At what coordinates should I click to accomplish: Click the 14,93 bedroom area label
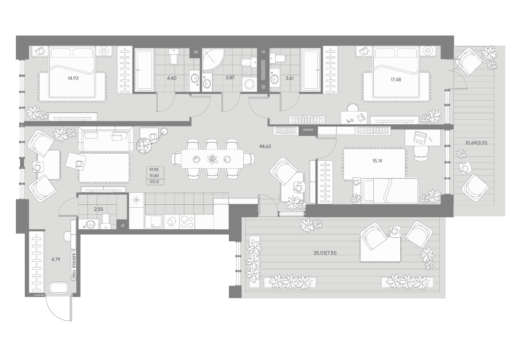point(73,78)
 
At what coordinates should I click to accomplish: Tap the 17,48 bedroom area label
point(396,80)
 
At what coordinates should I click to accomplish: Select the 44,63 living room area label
point(265,146)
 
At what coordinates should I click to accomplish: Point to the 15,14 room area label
point(377,161)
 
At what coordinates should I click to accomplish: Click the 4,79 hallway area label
point(56,259)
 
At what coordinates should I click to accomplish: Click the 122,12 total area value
point(154,182)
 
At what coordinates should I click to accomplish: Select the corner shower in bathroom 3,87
point(213,59)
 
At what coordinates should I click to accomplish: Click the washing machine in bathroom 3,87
point(249,84)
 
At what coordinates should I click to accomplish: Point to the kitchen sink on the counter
point(154,222)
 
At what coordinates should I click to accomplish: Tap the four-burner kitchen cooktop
point(187,222)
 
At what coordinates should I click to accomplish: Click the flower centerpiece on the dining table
point(212,159)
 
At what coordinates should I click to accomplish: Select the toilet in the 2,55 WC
point(106,221)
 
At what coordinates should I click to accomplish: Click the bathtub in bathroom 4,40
point(144,70)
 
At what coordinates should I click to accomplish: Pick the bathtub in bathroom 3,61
point(311,70)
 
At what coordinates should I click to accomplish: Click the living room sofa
point(106,138)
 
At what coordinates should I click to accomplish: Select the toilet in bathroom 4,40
point(174,56)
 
